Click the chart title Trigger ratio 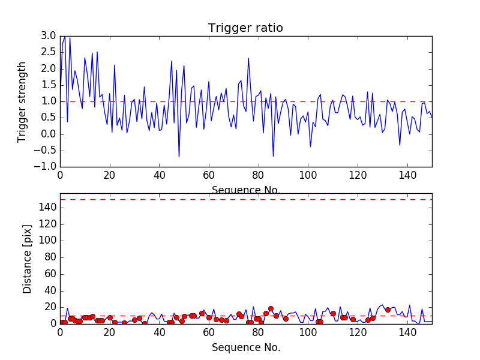tap(245, 28)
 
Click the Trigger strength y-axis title tap(22, 101)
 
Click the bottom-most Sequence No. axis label tap(246, 347)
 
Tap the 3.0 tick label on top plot tap(47, 36)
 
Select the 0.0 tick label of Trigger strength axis tap(47, 134)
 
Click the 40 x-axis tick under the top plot tap(159, 175)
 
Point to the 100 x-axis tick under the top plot tap(308, 175)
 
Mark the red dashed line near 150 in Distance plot tap(246, 199)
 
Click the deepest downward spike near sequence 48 tap(179, 157)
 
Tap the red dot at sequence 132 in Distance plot tap(388, 310)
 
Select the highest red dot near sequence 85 tap(271, 308)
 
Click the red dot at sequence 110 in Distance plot tap(333, 313)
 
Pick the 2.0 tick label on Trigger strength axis tap(47, 68)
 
